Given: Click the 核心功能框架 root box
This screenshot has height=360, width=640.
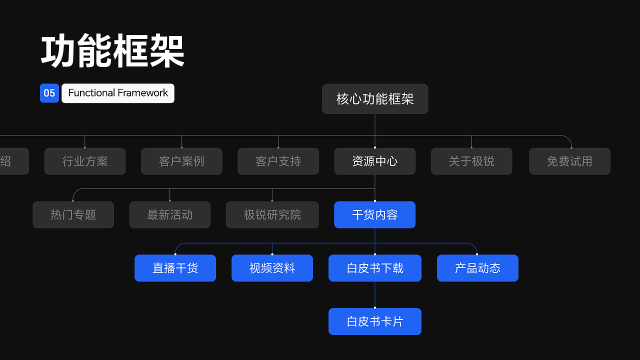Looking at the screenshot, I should point(375,98).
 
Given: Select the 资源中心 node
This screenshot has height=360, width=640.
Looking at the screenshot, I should point(375,161).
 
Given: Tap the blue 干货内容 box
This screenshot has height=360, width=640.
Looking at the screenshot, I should point(375,214).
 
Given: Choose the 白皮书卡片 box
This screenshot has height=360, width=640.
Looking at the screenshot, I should point(375,321).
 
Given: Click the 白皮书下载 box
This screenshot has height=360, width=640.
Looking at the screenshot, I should point(375,268).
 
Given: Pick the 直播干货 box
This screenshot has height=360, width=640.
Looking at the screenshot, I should point(175,268).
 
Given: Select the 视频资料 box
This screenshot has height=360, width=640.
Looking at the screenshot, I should point(272,268).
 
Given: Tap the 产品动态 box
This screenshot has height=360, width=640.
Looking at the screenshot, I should point(477,268).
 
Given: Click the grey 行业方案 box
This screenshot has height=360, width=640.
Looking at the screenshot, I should point(85,161).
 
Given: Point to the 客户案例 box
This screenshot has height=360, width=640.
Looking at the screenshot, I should point(181,161).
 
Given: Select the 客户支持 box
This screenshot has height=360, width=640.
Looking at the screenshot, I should point(278,161).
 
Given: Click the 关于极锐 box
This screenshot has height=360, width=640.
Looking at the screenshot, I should point(471,161).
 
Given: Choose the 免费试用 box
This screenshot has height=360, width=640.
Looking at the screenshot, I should point(569,161).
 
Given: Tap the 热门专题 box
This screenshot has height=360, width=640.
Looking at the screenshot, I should point(73,214).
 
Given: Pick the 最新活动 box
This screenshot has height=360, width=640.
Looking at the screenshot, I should point(170,214).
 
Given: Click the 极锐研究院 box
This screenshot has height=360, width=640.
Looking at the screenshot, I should point(272,214).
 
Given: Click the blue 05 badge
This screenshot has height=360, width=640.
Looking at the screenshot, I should point(49,93).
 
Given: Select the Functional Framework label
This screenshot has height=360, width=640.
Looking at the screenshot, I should point(118,93).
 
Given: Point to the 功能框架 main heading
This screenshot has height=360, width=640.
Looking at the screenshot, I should point(113,51).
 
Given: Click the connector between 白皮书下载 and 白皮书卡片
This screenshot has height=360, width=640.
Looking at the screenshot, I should point(375,295).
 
